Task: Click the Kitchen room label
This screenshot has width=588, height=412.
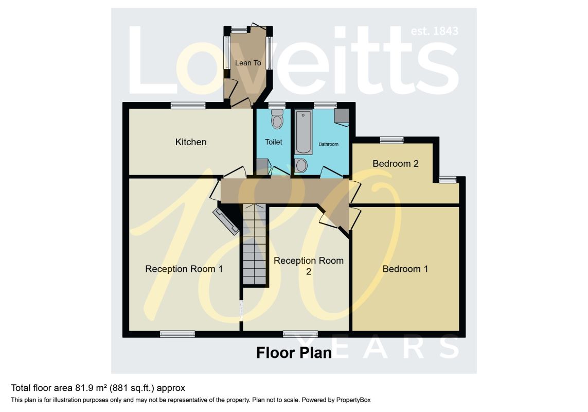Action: coord(191,142)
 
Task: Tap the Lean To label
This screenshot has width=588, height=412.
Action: coord(248,63)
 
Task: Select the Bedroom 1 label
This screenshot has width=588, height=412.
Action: coord(405,269)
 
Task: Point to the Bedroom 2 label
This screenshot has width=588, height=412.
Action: coord(396,164)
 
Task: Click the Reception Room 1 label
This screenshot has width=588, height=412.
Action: coord(184,269)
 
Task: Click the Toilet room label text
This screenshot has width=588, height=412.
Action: coord(274,142)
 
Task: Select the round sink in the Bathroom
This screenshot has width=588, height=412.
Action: coord(301,165)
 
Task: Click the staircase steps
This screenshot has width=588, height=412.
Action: coord(255,247)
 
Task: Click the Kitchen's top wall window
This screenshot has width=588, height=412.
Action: coord(188,106)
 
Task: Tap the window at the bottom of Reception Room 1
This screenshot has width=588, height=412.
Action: coord(177,334)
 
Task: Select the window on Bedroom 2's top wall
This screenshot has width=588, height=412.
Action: coord(392,140)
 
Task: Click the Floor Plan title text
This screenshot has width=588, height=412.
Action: coord(294,353)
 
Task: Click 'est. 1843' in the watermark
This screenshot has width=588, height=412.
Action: coord(435,31)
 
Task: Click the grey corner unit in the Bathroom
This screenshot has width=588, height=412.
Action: coord(341,116)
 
